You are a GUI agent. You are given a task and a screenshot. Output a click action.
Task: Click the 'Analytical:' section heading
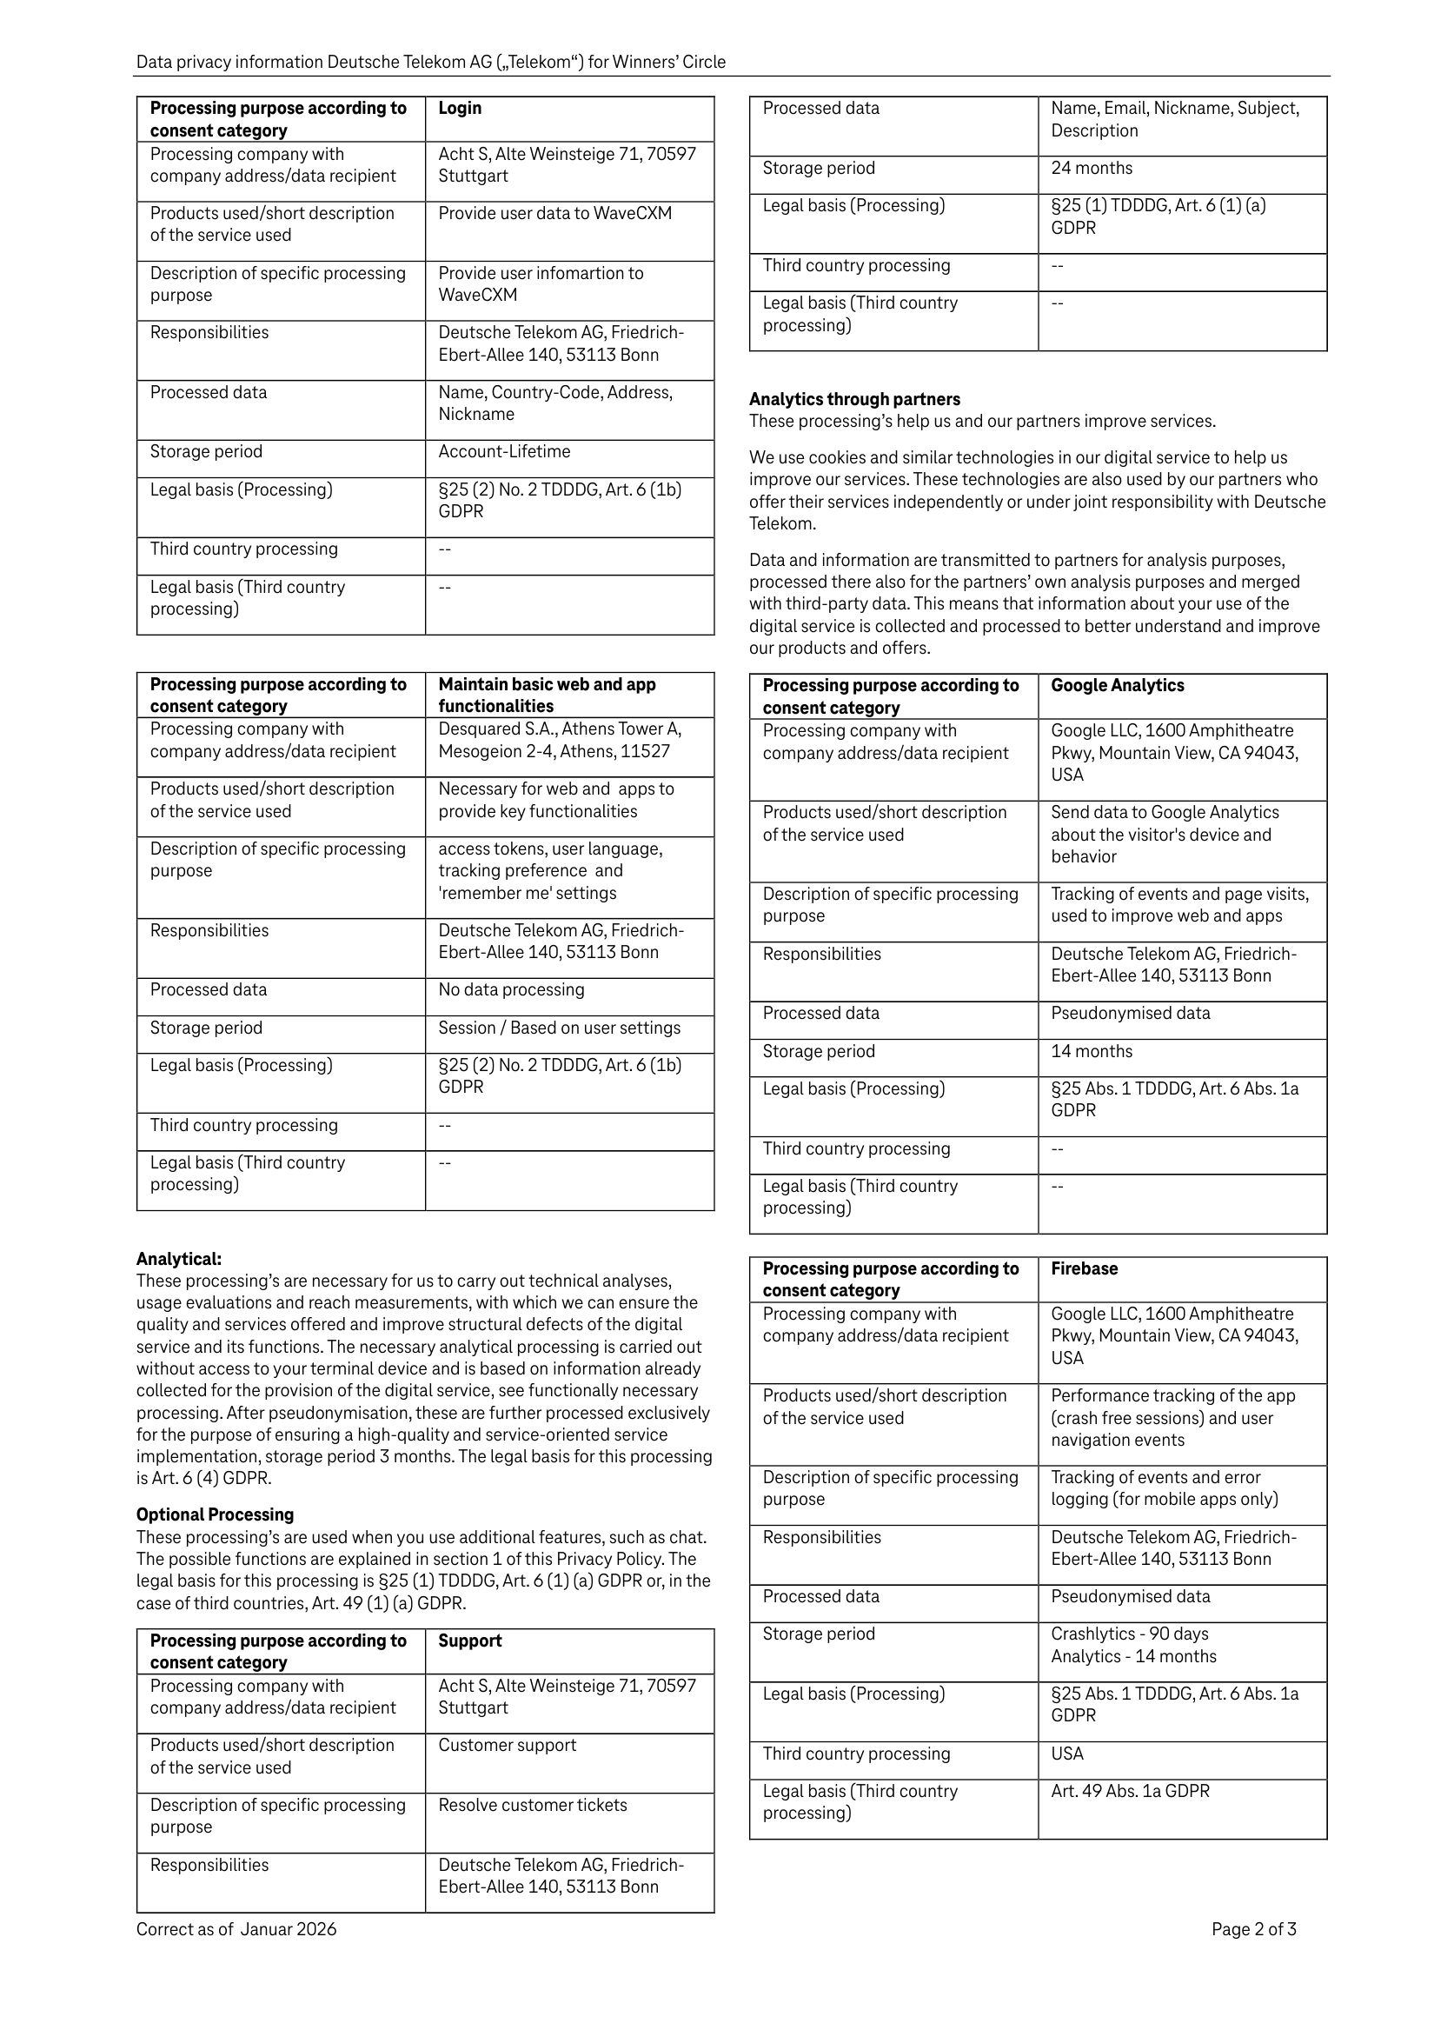(x=178, y=1259)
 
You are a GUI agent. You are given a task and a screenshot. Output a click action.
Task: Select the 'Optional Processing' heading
(x=215, y=1514)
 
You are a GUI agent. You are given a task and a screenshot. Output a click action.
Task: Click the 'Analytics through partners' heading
(x=854, y=400)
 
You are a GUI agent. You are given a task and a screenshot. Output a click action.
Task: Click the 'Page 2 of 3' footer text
(x=1253, y=1929)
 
